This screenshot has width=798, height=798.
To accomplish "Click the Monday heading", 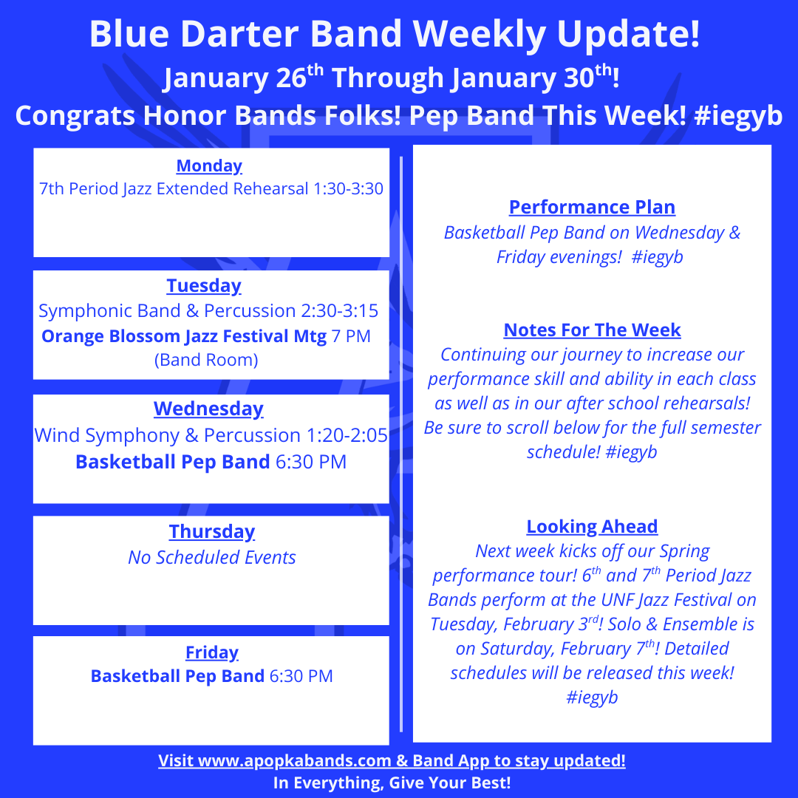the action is (209, 166).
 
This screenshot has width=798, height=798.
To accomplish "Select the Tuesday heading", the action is (204, 286).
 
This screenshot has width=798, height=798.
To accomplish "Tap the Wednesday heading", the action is (208, 409).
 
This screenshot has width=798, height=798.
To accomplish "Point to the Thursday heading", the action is (212, 532).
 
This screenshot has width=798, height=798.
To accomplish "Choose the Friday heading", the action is (212, 652).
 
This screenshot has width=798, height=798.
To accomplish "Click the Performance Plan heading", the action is (592, 207).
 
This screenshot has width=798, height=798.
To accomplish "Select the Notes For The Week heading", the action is (592, 330).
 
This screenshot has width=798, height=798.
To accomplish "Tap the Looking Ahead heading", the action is (592, 527).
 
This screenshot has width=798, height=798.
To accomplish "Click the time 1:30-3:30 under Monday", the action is (349, 189).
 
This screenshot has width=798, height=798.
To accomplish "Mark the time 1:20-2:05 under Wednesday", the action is (347, 436).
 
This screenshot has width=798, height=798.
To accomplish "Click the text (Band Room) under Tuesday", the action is (206, 361).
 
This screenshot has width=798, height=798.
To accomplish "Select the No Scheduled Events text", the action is (212, 558).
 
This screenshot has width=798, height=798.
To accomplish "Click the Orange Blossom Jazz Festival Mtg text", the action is (184, 336).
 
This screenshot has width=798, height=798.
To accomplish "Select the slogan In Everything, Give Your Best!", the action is (392, 782).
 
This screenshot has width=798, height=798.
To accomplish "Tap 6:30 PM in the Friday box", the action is (301, 676).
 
